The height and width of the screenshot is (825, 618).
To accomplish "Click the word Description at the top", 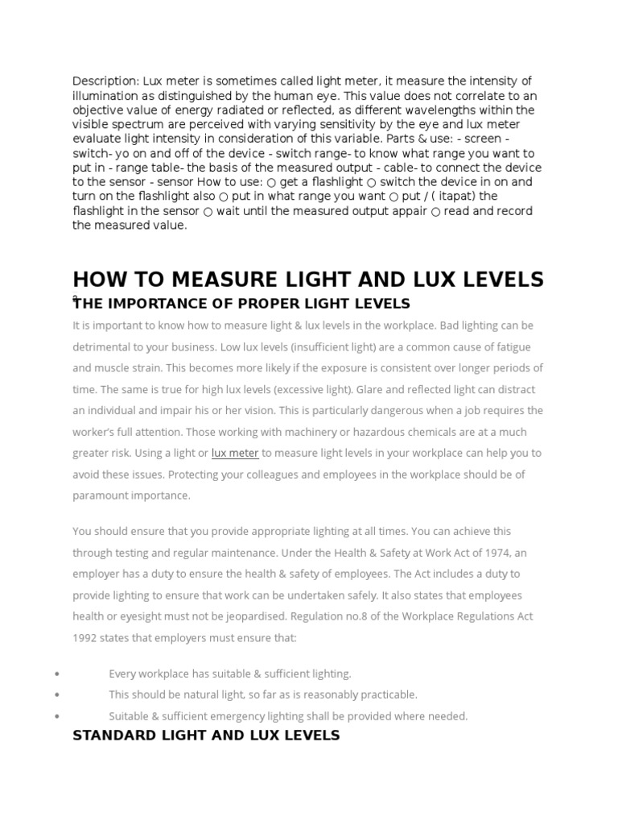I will point(105,81).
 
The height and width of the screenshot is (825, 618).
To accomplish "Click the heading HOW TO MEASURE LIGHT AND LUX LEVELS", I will point(308,280).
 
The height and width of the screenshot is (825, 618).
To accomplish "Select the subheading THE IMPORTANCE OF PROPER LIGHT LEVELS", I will point(241,304).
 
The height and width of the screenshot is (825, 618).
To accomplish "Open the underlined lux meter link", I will point(235,453).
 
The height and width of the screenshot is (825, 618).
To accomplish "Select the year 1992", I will point(85,638).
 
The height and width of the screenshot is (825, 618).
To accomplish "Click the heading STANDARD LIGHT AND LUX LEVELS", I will point(206,736).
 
